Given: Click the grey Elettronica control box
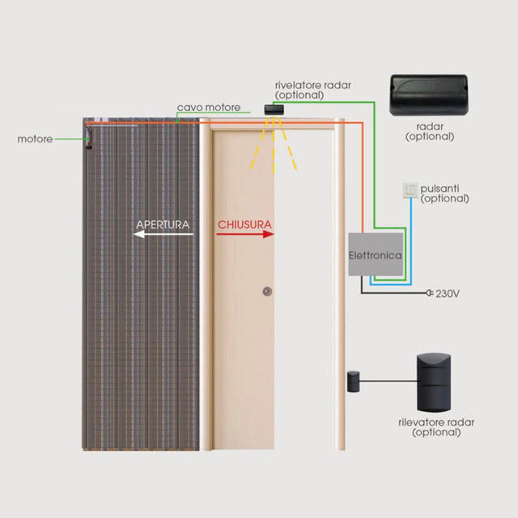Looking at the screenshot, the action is [x=376, y=254].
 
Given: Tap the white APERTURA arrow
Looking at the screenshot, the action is [x=163, y=234].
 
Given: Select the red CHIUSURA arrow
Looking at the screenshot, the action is [x=245, y=234].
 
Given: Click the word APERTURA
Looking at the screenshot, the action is [x=163, y=225].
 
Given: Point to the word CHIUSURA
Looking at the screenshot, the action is [x=244, y=225].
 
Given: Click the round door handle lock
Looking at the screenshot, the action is [x=267, y=291].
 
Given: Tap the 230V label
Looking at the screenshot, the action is [x=448, y=293].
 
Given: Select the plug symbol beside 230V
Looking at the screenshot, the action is [x=430, y=293].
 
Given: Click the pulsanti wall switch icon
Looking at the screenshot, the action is [x=410, y=190].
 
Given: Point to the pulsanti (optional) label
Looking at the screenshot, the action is [x=444, y=193].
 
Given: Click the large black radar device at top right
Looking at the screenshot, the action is [x=429, y=96].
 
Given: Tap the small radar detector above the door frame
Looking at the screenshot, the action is [x=274, y=110].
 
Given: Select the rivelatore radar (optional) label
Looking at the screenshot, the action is [x=313, y=90].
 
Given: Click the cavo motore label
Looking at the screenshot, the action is [x=209, y=108].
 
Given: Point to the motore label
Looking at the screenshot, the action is [x=35, y=139].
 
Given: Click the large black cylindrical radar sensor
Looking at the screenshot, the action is [x=434, y=382].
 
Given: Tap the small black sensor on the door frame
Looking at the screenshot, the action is [x=353, y=381].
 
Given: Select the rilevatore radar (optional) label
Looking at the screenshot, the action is [x=436, y=427].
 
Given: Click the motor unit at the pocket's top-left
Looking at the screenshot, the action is [x=88, y=137].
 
